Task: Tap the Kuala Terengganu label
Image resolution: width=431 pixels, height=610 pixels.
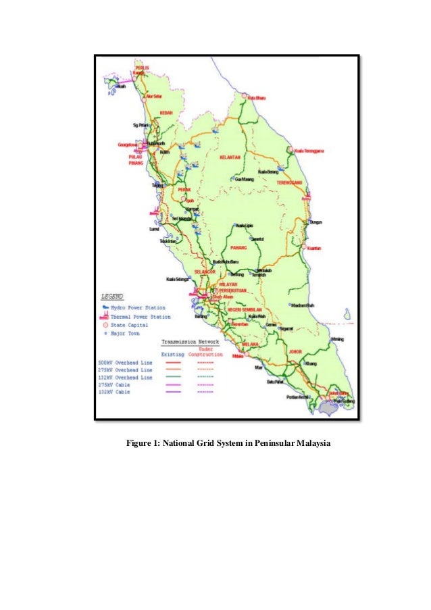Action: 310,151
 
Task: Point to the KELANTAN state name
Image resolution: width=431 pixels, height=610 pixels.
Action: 230,157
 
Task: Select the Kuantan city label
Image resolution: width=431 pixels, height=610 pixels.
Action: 313,248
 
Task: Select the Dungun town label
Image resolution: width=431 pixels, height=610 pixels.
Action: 315,222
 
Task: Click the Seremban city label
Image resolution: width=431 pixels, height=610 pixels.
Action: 240,324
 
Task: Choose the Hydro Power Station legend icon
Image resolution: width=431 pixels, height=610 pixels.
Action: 105,307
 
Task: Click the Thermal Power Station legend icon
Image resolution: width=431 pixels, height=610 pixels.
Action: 105,316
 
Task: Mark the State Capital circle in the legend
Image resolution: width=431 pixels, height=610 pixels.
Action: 105,325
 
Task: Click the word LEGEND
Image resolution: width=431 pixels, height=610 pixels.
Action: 112,297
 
